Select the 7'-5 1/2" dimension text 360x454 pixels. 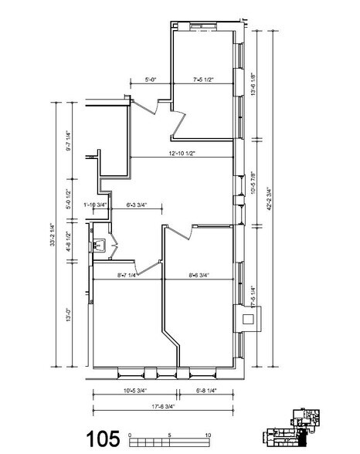[204, 78]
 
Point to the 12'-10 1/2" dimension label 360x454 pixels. [180, 154]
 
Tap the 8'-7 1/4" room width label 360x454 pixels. [127, 274]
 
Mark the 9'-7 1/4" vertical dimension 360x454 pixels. [70, 141]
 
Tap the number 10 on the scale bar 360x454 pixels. [209, 435]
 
